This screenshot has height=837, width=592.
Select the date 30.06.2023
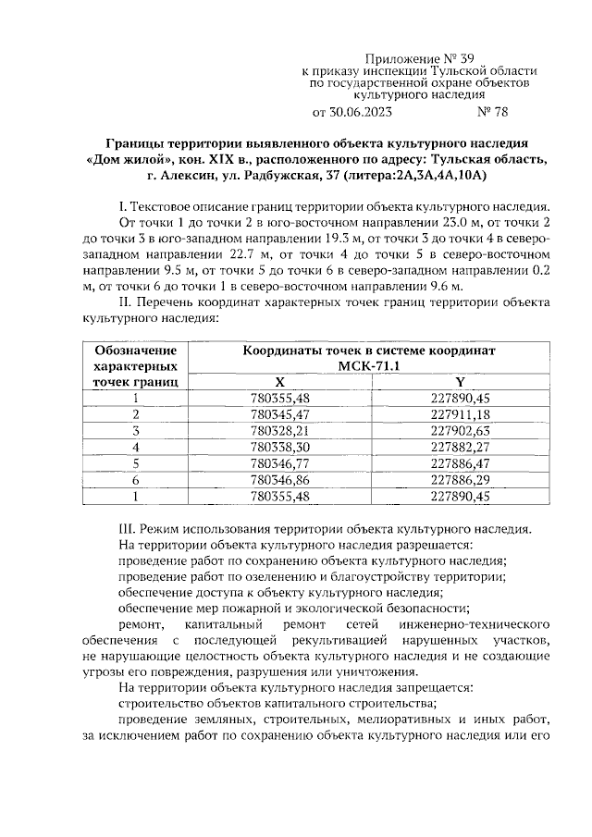coord(358,114)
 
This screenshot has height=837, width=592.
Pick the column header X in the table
coord(279,382)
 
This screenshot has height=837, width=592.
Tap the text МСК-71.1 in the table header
coord(369,366)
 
